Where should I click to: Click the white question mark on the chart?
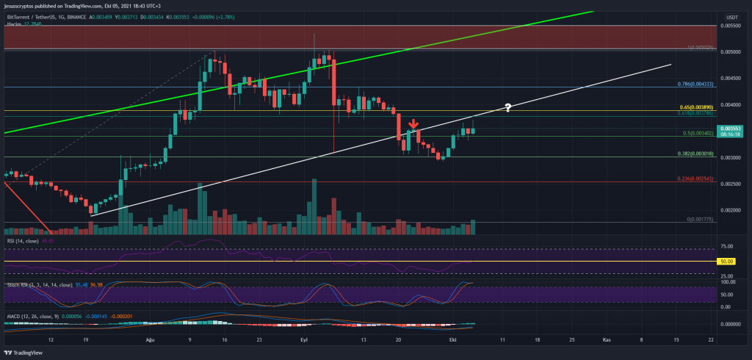pyautogui.click(x=507, y=108)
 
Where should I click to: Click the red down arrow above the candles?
pyautogui.click(x=413, y=124)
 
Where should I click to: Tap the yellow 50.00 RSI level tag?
pyautogui.click(x=726, y=261)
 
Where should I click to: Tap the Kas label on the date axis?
pyautogui.click(x=607, y=340)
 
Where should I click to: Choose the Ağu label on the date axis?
pyautogui.click(x=152, y=340)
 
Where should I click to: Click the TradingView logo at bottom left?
pyautogui.click(x=23, y=352)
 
